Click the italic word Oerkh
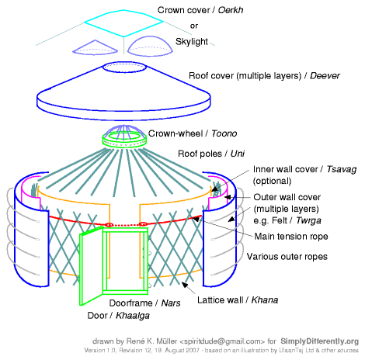(x=231, y=10)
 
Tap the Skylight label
(x=192, y=42)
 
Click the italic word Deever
(x=325, y=76)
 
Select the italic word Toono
(x=224, y=133)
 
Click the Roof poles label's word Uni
(x=238, y=154)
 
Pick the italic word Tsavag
(x=342, y=169)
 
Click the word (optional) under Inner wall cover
(x=272, y=181)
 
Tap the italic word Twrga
(x=308, y=220)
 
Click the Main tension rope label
(x=291, y=237)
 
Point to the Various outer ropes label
(x=287, y=257)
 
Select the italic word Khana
(x=265, y=300)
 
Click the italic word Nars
(x=171, y=303)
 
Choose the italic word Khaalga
(x=133, y=316)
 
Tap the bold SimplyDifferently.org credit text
(x=320, y=341)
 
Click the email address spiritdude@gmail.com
(x=222, y=341)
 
